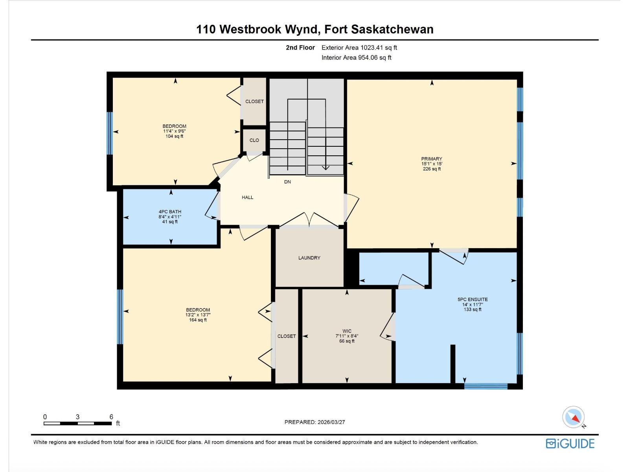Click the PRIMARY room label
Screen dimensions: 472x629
click(432, 159)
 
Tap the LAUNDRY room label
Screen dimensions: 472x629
click(309, 258)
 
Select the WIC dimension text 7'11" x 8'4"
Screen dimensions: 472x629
click(347, 336)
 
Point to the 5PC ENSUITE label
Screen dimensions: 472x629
click(472, 299)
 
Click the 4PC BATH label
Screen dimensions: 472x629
click(170, 212)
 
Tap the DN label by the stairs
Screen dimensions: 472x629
click(287, 182)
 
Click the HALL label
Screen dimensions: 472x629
click(247, 197)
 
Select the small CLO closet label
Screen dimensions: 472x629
click(254, 140)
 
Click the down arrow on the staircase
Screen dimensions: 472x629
click(325, 167)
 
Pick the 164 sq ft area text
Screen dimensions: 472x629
click(198, 320)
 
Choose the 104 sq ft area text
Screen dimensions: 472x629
click(174, 136)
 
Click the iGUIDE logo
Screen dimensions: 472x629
click(570, 444)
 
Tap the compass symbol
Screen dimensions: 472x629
click(574, 417)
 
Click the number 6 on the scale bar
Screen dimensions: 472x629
click(111, 417)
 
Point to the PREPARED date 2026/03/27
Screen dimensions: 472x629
click(331, 422)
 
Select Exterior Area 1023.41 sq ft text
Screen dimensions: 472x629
click(359, 48)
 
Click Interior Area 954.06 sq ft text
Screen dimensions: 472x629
click(356, 57)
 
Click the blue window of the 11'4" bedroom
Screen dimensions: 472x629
click(110, 133)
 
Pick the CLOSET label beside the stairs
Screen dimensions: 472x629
click(254, 101)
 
